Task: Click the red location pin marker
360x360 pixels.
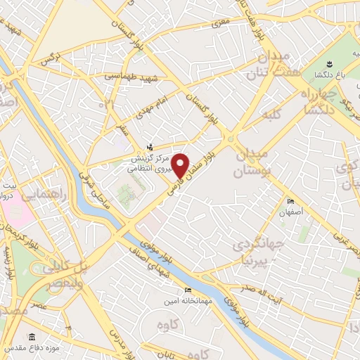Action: [x=180, y=166]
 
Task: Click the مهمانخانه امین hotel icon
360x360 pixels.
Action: [x=187, y=290]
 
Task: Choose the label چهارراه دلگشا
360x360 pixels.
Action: [x=315, y=101]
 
